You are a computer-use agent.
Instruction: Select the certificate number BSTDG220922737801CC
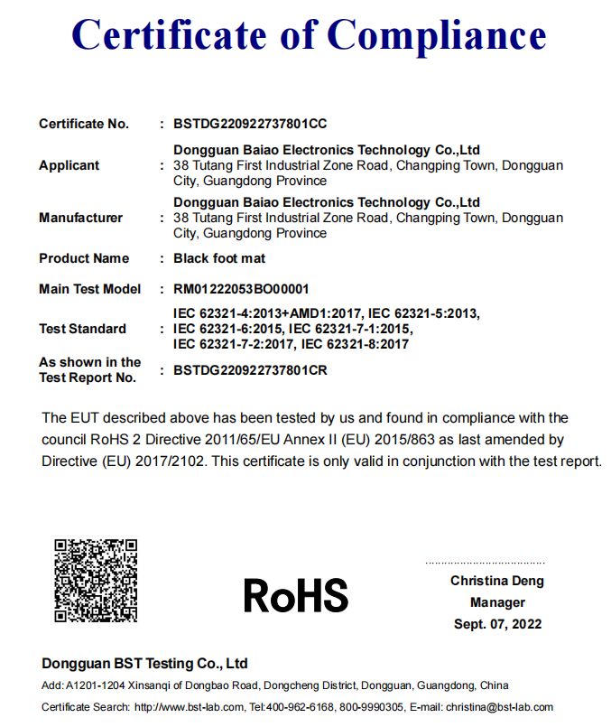point(250,124)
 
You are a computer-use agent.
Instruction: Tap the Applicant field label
point(69,165)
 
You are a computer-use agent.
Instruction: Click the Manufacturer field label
point(80,218)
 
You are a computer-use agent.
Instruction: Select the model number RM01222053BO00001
point(241,290)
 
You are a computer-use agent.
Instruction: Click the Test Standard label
point(82,329)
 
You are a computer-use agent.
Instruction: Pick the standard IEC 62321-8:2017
point(355,344)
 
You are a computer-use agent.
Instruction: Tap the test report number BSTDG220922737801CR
point(250,370)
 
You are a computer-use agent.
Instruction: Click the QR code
point(96,580)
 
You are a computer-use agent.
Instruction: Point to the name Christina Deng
point(497,581)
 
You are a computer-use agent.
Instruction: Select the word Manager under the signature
point(497,602)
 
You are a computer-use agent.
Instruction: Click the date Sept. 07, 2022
point(497,624)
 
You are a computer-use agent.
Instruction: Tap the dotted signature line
point(485,563)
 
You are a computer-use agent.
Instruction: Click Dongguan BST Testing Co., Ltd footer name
point(144,664)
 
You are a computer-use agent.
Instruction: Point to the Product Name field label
point(84,258)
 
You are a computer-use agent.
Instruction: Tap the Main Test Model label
point(90,290)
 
